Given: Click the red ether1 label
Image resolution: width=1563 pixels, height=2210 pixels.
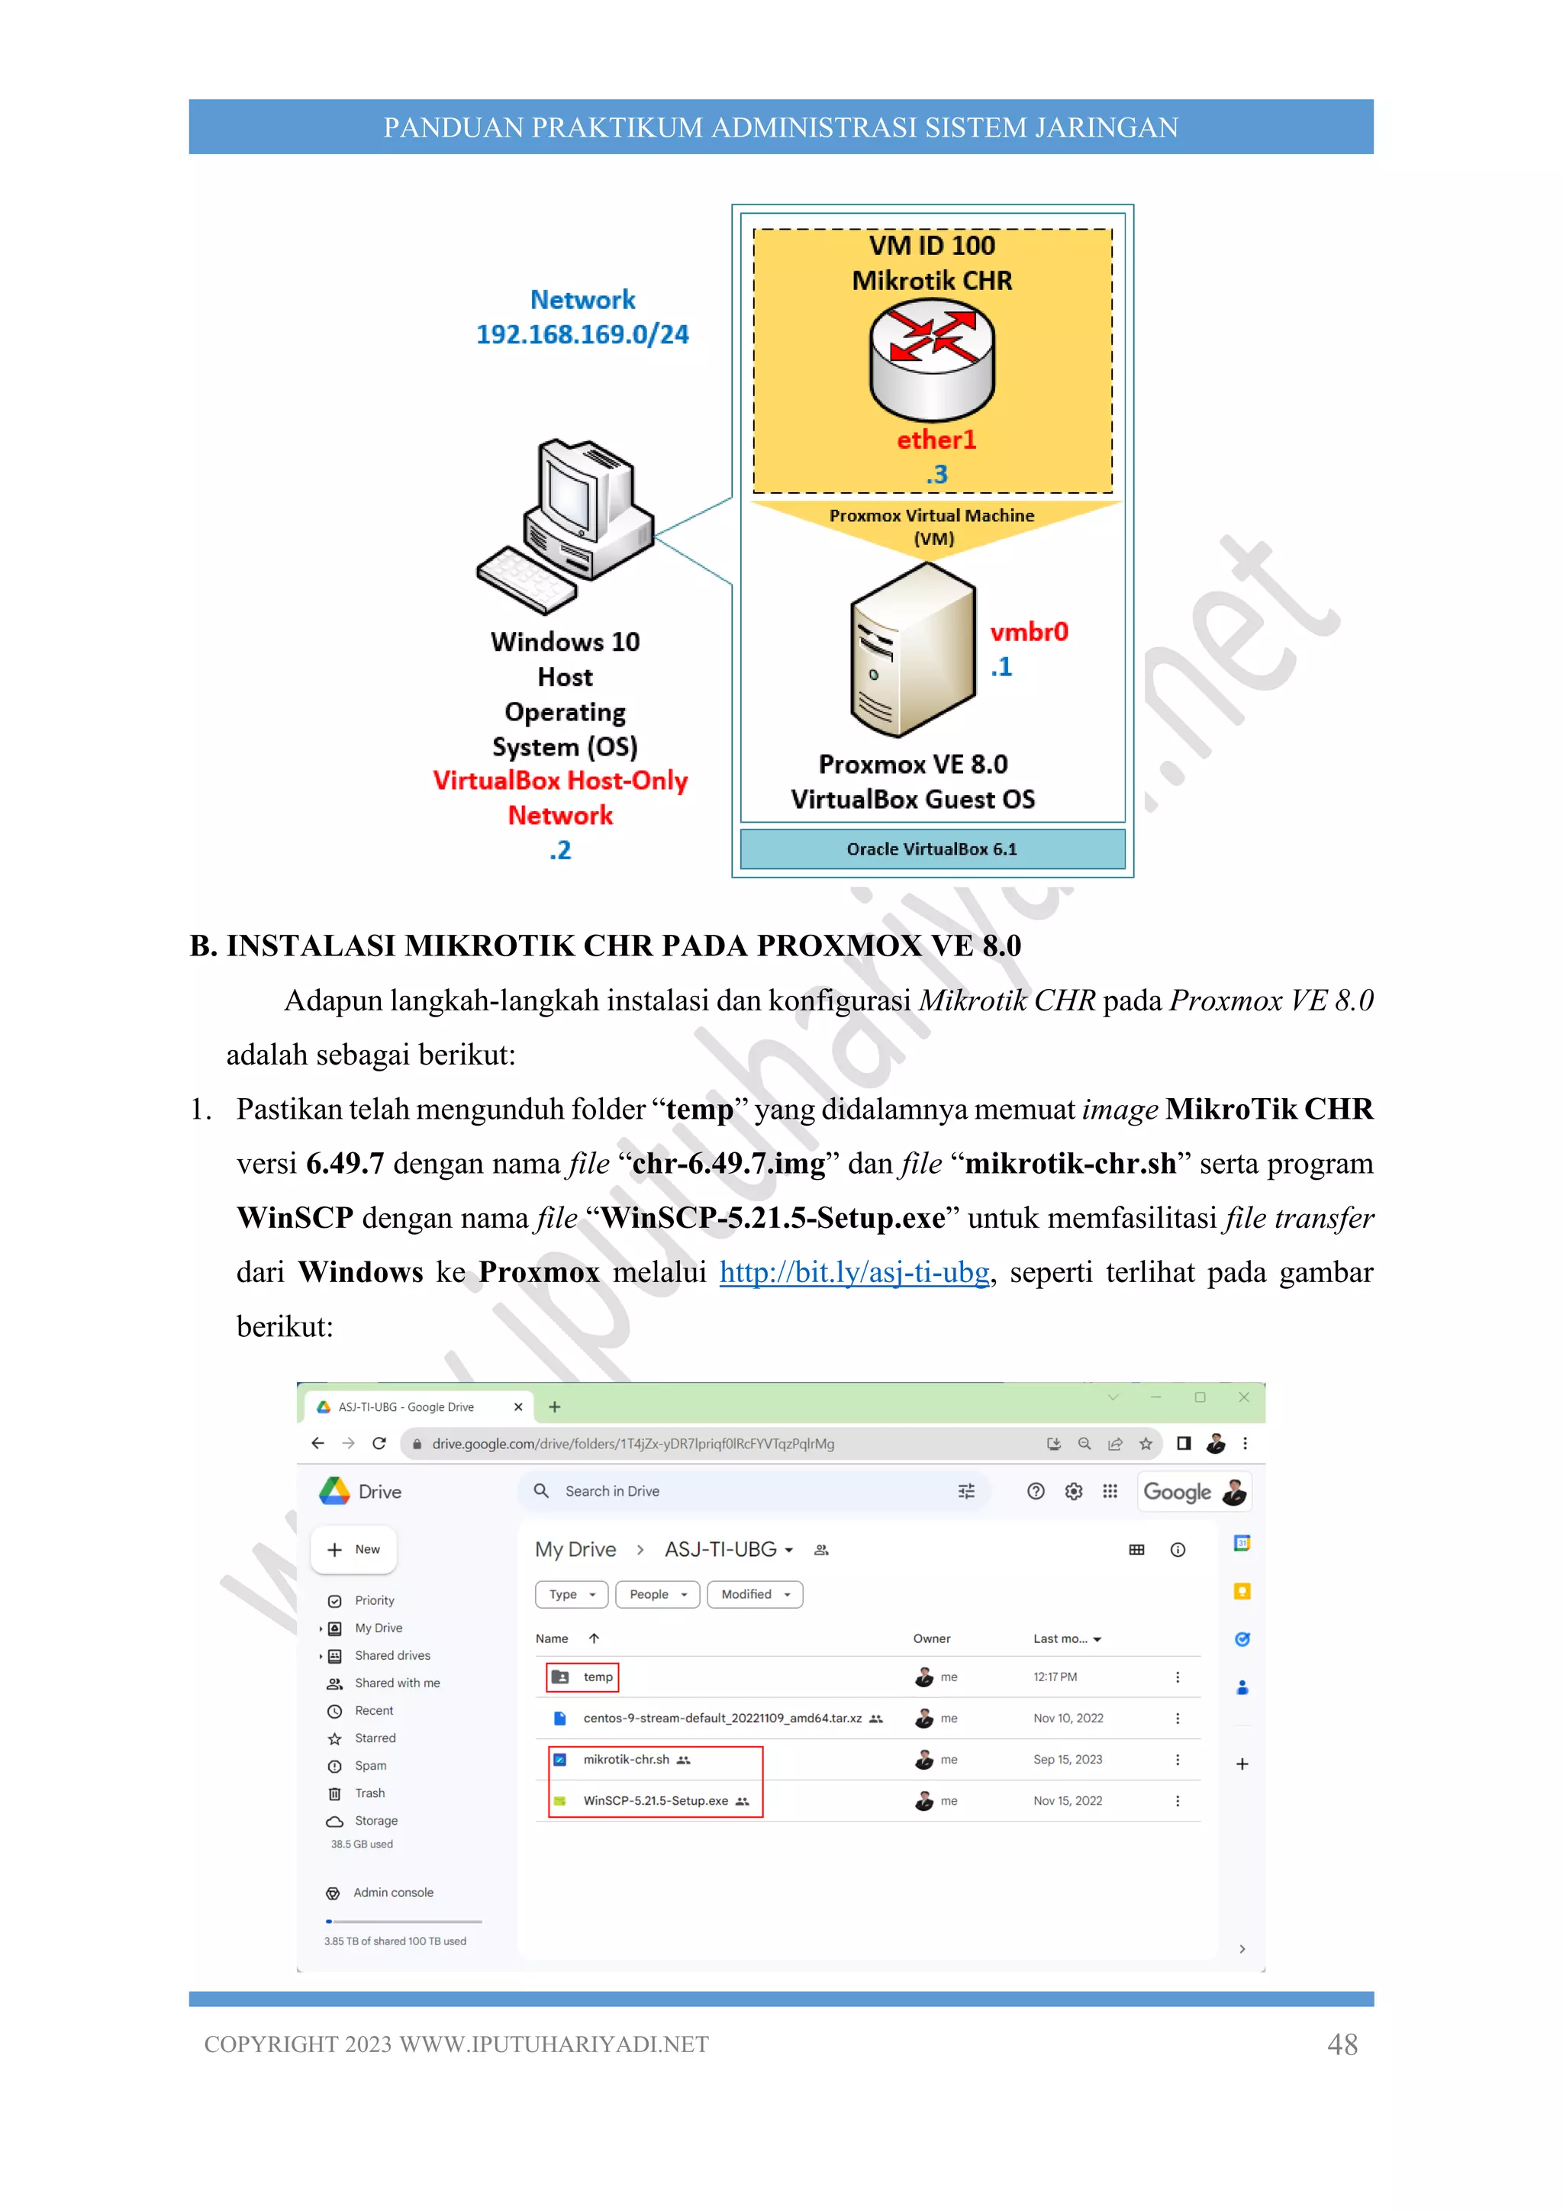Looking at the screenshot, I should [x=936, y=440].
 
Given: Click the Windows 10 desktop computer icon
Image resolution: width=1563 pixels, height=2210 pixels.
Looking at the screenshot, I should [x=567, y=524].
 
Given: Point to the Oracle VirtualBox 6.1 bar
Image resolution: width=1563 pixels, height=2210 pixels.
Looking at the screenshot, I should [x=932, y=849].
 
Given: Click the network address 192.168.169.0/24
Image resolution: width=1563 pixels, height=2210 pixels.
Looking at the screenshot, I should [x=582, y=334].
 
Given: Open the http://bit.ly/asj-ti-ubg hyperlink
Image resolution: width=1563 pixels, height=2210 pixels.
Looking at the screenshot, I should [x=854, y=1272].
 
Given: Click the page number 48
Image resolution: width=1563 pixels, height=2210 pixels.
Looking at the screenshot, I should [x=1342, y=2044].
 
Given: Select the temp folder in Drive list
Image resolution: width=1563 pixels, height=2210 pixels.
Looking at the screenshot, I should [x=597, y=1677].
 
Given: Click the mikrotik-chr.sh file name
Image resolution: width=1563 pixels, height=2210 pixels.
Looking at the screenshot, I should [x=626, y=1760].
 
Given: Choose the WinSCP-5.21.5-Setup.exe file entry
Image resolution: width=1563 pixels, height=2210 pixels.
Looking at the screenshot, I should [x=656, y=1801].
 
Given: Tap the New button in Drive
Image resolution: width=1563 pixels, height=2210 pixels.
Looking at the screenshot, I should [x=354, y=1550].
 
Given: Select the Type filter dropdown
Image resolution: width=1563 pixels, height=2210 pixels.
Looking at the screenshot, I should [x=572, y=1595].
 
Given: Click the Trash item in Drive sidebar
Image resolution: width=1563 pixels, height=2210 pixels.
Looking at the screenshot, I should [x=369, y=1793].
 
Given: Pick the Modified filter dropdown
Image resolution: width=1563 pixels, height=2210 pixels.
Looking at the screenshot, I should [x=755, y=1595].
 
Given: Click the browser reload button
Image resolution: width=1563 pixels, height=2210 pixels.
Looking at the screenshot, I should [x=379, y=1444].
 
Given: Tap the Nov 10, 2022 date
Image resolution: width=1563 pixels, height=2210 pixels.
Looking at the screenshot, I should [x=1068, y=1718].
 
